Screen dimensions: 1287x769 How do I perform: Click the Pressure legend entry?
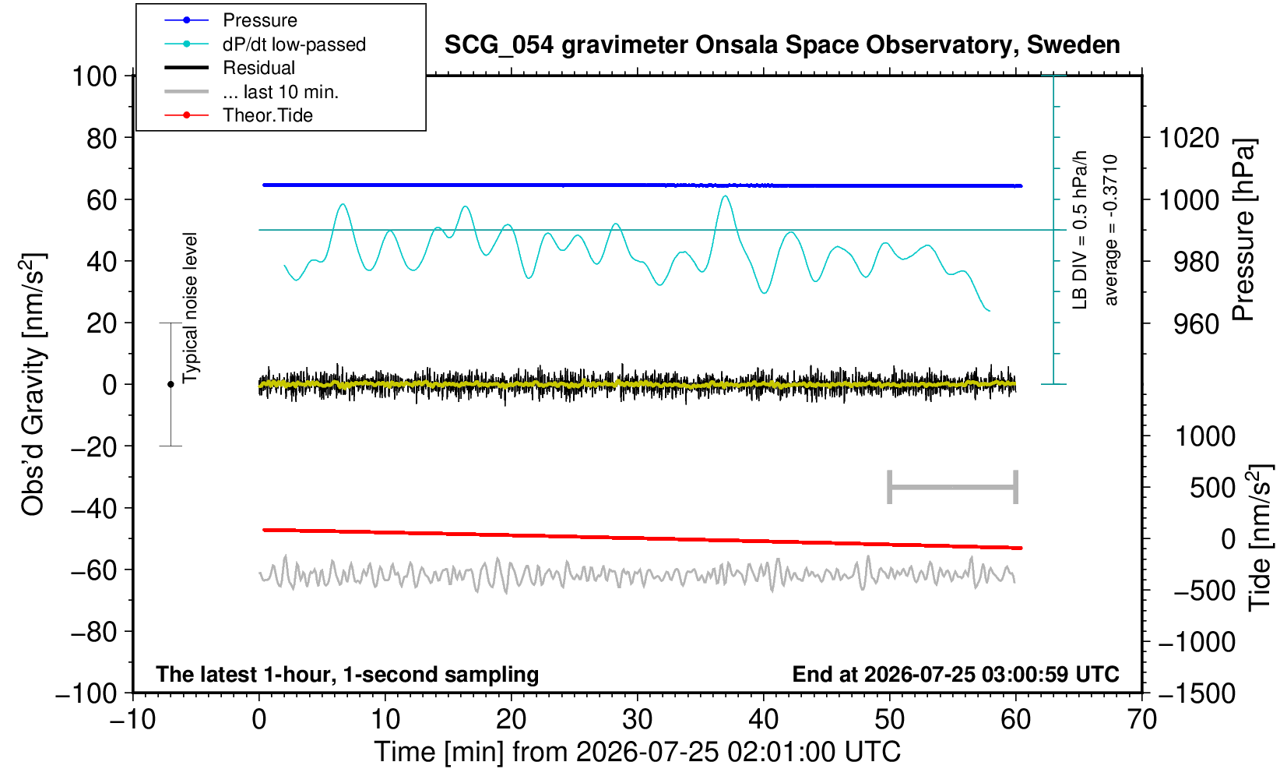pos(260,20)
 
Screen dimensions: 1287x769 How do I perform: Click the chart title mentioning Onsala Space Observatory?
pos(782,44)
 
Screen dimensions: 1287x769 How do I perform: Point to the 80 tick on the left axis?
pos(102,139)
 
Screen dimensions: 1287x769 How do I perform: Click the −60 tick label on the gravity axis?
pos(93,570)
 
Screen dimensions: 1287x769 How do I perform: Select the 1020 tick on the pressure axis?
pos(1189,138)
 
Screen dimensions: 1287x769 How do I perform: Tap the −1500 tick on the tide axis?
pos(1197,693)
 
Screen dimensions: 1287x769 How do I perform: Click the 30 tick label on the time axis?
pos(637,720)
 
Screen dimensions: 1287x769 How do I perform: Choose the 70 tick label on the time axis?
pos(1141,720)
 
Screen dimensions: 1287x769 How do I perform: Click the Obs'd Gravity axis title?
pos(33,384)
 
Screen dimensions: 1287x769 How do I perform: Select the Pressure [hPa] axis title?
pos(1244,230)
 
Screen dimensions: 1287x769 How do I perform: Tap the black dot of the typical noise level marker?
pos(171,384)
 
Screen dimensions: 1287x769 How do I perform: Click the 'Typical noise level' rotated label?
pos(190,308)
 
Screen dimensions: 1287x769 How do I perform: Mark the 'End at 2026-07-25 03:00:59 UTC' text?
pos(955,674)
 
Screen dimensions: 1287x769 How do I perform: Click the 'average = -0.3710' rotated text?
pos(1110,230)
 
